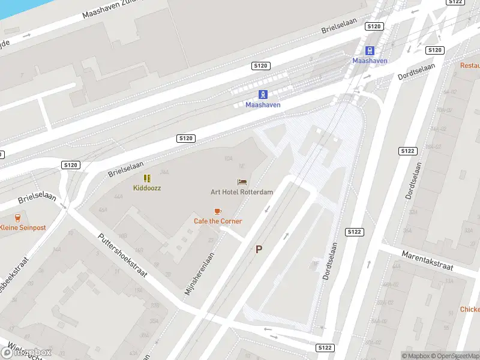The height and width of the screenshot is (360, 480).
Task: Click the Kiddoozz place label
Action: (x=147, y=188)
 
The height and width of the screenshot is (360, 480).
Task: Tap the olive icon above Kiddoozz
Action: (x=147, y=178)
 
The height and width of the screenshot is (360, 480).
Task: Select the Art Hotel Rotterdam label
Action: (x=242, y=192)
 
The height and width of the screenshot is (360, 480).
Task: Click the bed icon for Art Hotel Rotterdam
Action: (x=242, y=182)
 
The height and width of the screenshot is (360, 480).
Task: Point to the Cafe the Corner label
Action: (x=218, y=221)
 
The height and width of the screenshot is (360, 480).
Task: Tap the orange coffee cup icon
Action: (x=218, y=211)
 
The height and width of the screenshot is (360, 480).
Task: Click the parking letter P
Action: (x=259, y=249)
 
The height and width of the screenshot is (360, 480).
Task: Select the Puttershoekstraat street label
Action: (x=122, y=254)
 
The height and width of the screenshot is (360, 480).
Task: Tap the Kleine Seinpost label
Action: (x=22, y=227)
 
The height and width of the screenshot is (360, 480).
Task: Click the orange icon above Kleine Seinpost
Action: (x=17, y=217)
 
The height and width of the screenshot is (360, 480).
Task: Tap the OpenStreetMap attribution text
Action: (x=458, y=356)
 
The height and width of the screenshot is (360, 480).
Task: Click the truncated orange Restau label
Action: (x=470, y=65)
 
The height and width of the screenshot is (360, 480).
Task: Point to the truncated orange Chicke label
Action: (x=470, y=309)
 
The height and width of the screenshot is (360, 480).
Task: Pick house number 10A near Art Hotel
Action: (x=228, y=158)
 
